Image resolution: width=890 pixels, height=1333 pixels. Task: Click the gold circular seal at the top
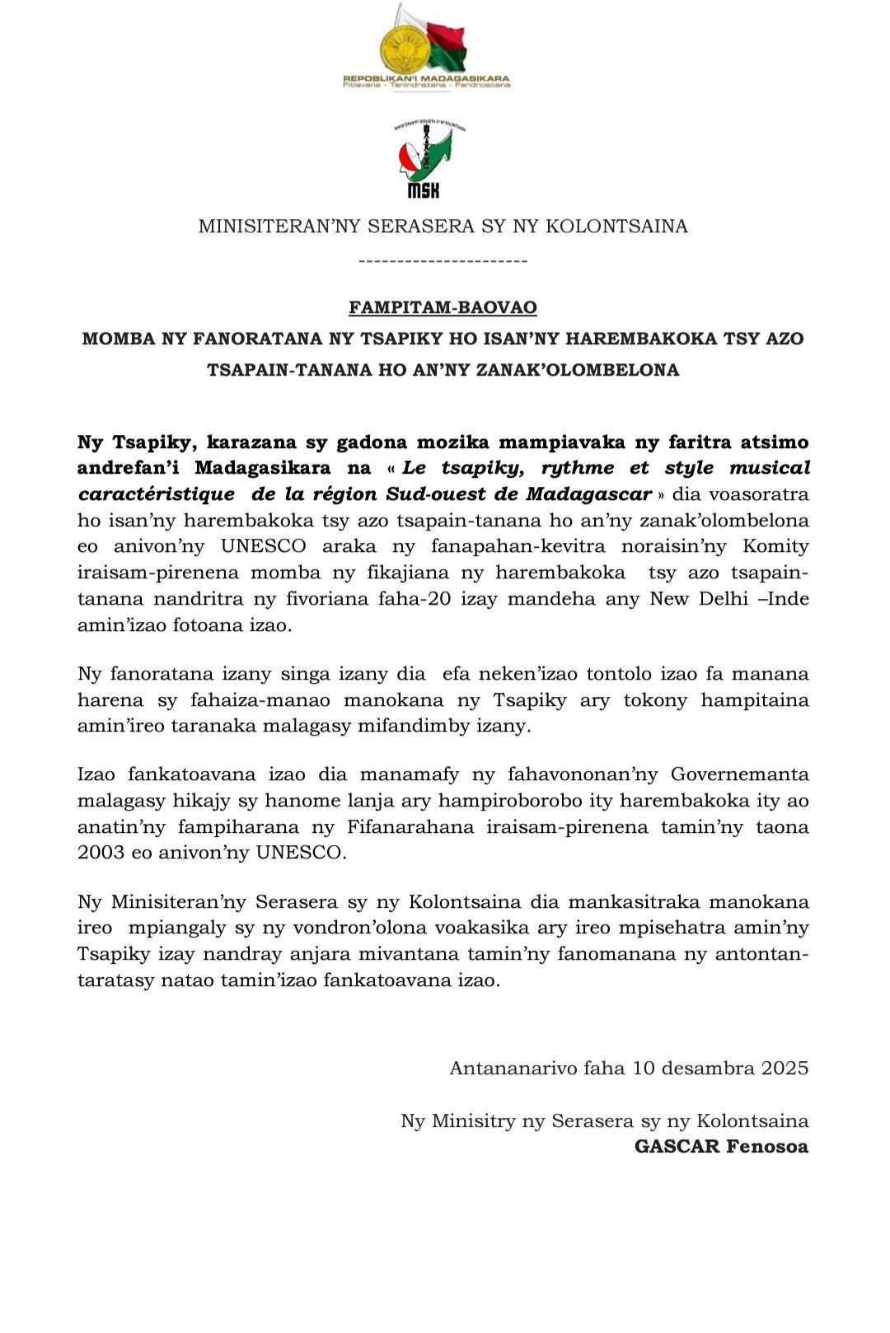pos(405,48)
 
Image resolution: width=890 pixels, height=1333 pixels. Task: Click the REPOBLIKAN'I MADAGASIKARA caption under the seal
pos(426,79)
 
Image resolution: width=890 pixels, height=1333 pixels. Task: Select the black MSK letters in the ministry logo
pos(424,190)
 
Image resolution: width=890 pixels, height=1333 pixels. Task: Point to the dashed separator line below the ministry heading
pos(443,261)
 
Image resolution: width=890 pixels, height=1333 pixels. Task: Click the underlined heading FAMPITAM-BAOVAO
pos(443,307)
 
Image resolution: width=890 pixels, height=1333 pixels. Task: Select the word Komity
pos(775,546)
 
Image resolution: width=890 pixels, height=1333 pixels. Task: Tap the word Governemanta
pos(739,774)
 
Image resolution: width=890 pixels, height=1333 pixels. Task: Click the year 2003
pos(101,852)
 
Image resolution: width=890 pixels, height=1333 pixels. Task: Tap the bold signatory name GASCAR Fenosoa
pos(721,1146)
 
